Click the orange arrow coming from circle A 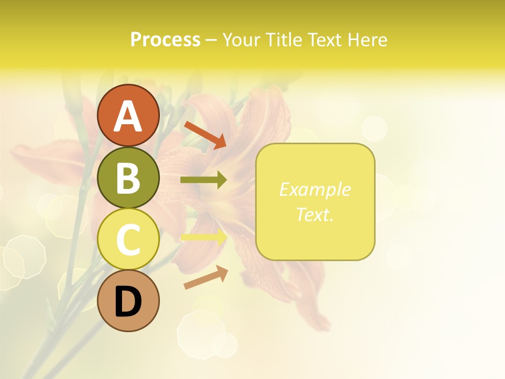tap(205, 135)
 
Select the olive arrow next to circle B tap(204, 180)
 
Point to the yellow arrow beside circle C tap(204, 237)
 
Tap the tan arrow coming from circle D tap(206, 277)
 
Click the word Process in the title tap(165, 39)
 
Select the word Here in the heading tap(368, 39)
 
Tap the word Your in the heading tap(242, 39)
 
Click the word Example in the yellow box tap(315, 189)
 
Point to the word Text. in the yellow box tap(315, 214)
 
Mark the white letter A tap(128, 116)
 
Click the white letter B tap(128, 178)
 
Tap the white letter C tap(128, 240)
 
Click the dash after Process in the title tap(211, 40)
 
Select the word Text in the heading tap(326, 39)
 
